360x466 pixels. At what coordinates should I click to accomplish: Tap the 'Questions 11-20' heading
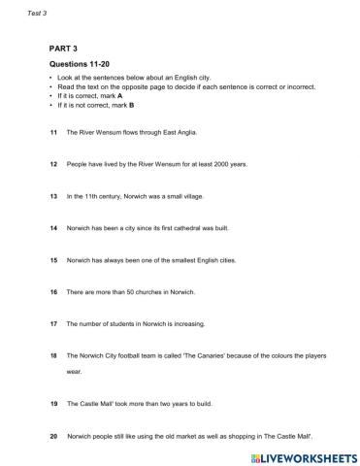point(80,64)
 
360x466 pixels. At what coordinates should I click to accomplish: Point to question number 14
point(52,228)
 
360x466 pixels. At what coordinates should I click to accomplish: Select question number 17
point(52,323)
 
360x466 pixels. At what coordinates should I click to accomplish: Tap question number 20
point(52,436)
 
